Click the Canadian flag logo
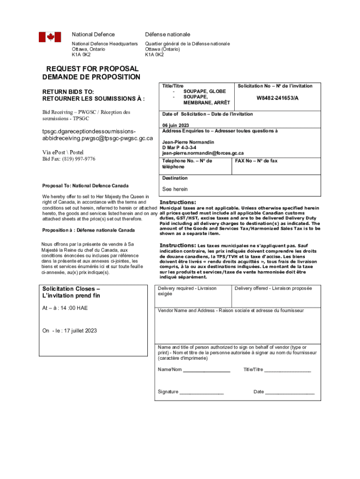click(50, 37)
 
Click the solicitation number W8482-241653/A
click(277, 99)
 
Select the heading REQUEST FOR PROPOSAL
click(92, 69)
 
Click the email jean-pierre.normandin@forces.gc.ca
click(203, 153)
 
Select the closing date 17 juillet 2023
click(77, 331)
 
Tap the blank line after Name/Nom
click(207, 370)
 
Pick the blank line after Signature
click(202, 392)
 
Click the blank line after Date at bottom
click(290, 392)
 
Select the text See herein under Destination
click(175, 189)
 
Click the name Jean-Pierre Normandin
click(188, 142)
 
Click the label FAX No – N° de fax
click(256, 161)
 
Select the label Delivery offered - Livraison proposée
click(273, 288)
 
